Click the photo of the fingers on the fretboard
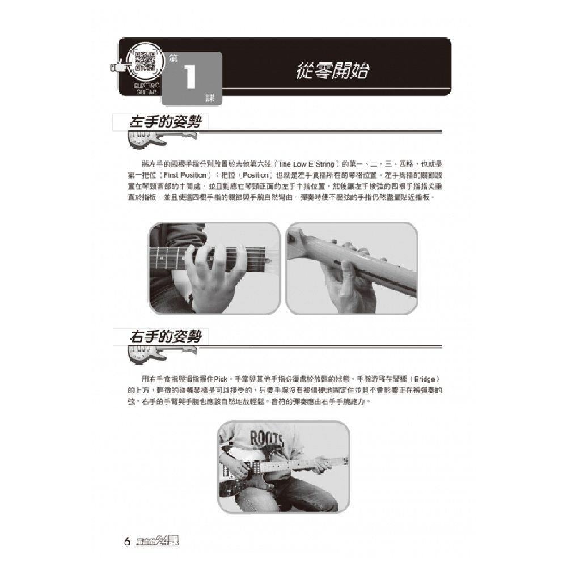pyautogui.click(x=214, y=268)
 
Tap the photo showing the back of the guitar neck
pyautogui.click(x=352, y=268)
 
